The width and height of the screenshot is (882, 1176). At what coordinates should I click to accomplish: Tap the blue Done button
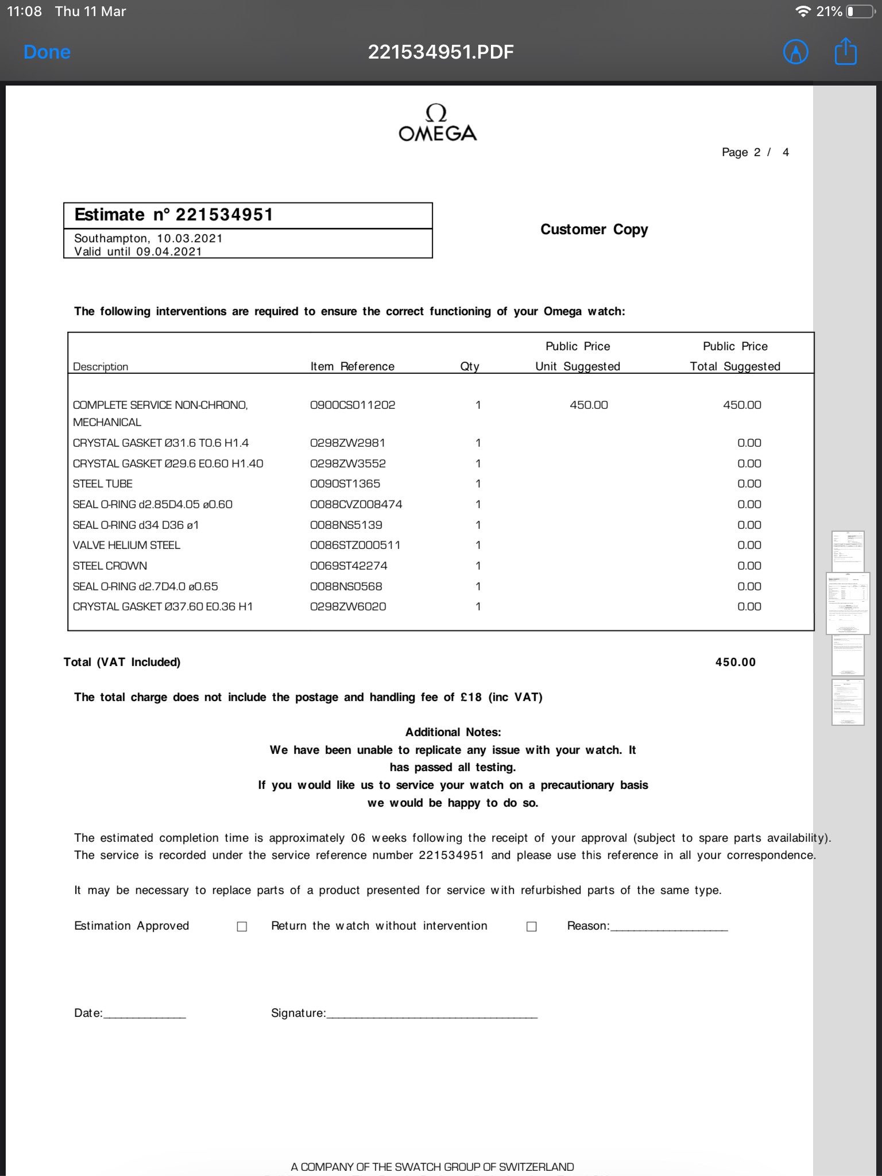pyautogui.click(x=47, y=52)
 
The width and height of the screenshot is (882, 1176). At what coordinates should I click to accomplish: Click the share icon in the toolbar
pyautogui.click(x=845, y=52)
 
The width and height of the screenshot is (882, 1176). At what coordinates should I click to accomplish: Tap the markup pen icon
pyautogui.click(x=796, y=52)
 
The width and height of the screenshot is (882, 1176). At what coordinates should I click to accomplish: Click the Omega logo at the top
pyautogui.click(x=438, y=123)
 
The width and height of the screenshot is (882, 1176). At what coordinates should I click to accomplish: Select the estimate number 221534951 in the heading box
pyautogui.click(x=224, y=215)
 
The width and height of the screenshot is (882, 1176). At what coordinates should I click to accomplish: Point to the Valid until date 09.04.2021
pyautogui.click(x=169, y=252)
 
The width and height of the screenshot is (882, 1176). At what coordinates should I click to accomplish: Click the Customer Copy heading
pyautogui.click(x=594, y=230)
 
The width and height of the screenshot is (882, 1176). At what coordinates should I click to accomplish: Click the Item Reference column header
pyautogui.click(x=352, y=366)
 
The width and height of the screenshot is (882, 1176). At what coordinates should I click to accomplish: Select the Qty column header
pyautogui.click(x=470, y=366)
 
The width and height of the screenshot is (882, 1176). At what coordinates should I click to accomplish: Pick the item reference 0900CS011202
pyautogui.click(x=353, y=405)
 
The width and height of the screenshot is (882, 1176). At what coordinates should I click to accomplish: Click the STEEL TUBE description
pyautogui.click(x=103, y=483)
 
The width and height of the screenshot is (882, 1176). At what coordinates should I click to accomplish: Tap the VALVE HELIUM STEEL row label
pyautogui.click(x=126, y=545)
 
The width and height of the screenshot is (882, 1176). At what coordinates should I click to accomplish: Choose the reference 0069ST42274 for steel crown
pyautogui.click(x=349, y=566)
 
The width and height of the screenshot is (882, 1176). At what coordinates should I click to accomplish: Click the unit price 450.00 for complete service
pyautogui.click(x=589, y=405)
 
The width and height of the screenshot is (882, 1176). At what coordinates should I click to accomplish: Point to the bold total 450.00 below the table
pyautogui.click(x=735, y=662)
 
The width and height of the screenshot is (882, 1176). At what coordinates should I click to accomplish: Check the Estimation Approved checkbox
pyautogui.click(x=242, y=926)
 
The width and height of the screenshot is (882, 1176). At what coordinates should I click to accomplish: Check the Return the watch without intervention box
pyautogui.click(x=532, y=926)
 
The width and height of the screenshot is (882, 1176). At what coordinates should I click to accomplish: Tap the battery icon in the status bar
pyautogui.click(x=858, y=11)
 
